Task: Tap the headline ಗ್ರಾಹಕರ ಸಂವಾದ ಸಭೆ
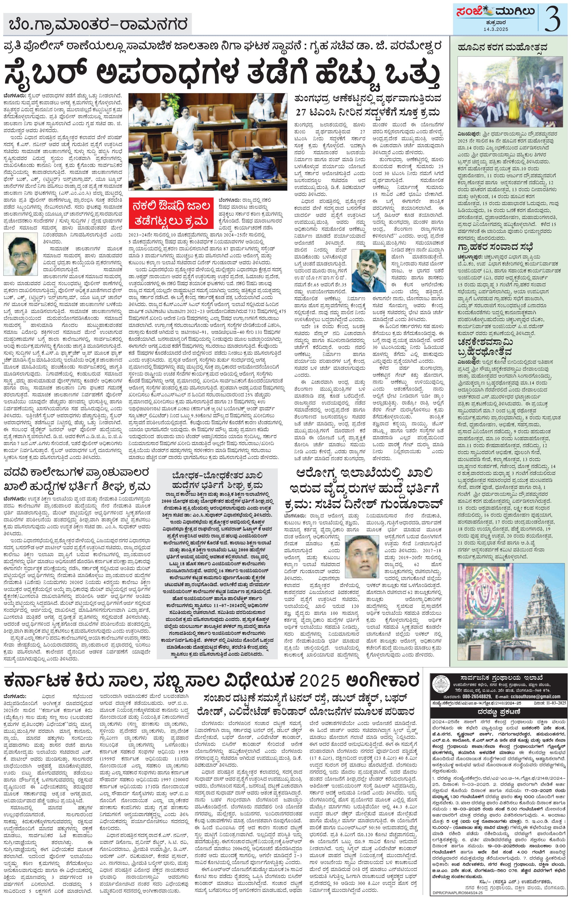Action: pos(495,247)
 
